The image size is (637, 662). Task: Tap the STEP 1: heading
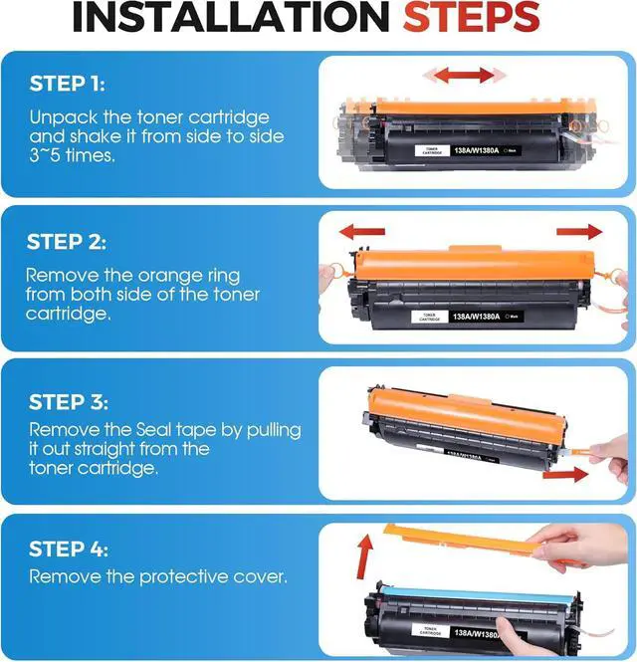coord(67,84)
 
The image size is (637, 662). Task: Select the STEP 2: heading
coord(67,242)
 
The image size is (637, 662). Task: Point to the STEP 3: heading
coord(69,401)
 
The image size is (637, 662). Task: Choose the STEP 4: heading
coord(69,549)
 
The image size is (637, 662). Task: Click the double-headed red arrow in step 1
coord(464,76)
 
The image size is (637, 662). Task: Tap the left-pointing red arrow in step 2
coord(362,232)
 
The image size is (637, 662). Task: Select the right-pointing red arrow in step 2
coord(579,231)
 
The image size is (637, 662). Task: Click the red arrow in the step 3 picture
coord(565,475)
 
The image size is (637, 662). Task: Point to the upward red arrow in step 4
coord(365,556)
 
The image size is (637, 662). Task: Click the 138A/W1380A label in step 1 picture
coord(476,150)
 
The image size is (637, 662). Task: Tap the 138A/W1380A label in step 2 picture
coord(477,317)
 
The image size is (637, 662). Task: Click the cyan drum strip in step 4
coord(478,595)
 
